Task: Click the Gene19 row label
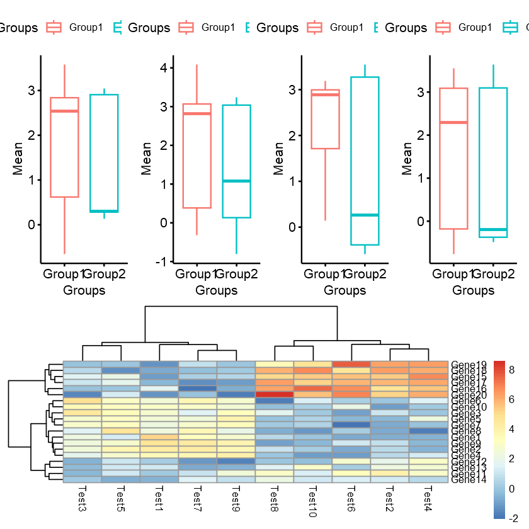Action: pyautogui.click(x=469, y=364)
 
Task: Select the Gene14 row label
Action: pyautogui.click(x=469, y=480)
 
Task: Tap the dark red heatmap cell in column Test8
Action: pyautogui.click(x=275, y=395)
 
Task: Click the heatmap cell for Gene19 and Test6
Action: pyautogui.click(x=351, y=364)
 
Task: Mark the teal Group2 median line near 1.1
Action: pyautogui.click(x=236, y=181)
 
